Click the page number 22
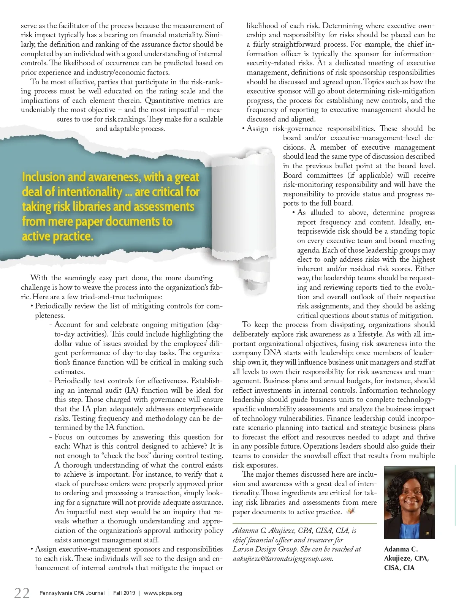coord(22,593)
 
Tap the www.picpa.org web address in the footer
coord(163,593)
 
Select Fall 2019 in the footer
coord(124,593)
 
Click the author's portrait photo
coord(409,502)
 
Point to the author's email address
coord(283,558)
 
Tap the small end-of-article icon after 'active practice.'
coord(350,511)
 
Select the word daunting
coord(199,278)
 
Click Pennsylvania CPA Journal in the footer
coord(72,593)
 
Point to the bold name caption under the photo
coord(406,558)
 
